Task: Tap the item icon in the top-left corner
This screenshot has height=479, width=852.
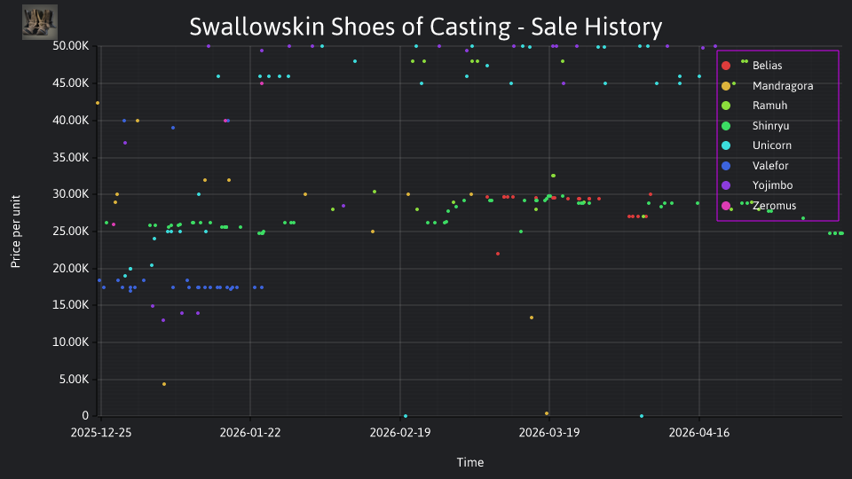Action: tap(40, 22)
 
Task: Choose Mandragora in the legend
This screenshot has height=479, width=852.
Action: tap(767, 86)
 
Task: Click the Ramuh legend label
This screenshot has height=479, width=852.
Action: tap(754, 106)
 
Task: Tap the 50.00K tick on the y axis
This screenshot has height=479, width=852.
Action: tap(71, 46)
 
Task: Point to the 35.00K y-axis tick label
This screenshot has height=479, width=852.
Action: tap(71, 158)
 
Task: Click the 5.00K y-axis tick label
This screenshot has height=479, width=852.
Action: tap(74, 379)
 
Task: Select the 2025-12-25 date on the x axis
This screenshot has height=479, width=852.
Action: tap(101, 433)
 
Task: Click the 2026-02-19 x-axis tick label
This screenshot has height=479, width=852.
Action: tap(400, 433)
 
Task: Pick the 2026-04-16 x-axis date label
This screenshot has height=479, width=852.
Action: tap(699, 433)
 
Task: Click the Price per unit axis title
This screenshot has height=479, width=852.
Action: tap(16, 232)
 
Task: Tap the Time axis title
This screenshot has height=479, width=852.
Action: tap(470, 462)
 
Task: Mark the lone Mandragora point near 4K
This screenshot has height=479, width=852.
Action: tap(164, 384)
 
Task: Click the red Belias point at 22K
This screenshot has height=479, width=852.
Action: tap(498, 255)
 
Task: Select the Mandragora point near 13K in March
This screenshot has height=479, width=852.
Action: tap(532, 318)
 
